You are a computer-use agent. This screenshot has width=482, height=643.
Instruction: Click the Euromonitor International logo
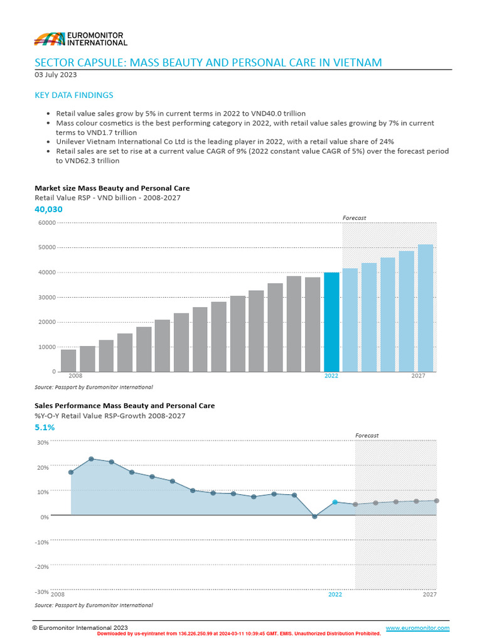point(80,39)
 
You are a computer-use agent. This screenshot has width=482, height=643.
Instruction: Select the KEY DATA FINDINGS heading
point(74,95)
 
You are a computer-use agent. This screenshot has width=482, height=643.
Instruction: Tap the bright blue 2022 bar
point(331,321)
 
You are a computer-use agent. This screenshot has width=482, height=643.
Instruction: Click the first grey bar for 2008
point(68,360)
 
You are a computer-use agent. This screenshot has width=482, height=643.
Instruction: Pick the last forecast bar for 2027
point(426,308)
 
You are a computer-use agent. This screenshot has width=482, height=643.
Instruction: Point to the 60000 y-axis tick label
point(47,222)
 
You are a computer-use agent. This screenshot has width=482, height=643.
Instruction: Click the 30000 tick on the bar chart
point(47,297)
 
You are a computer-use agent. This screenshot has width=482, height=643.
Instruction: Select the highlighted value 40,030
point(48,209)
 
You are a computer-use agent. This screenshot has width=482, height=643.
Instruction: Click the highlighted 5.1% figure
point(45,427)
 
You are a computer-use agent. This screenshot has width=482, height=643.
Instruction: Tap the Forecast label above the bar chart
point(354,218)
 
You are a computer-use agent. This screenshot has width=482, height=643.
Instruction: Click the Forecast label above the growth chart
point(367,435)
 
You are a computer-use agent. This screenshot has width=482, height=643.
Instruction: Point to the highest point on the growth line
point(91,459)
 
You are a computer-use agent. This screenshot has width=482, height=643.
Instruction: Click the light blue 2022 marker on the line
point(335,502)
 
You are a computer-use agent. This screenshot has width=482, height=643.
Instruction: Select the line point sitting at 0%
point(314,516)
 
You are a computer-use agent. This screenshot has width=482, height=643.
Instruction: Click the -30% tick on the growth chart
point(41,592)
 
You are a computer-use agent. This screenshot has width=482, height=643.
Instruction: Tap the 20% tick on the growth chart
point(43,467)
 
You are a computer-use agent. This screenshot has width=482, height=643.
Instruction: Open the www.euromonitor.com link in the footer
point(417,628)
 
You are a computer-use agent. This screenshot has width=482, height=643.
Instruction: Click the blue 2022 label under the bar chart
point(331,376)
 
